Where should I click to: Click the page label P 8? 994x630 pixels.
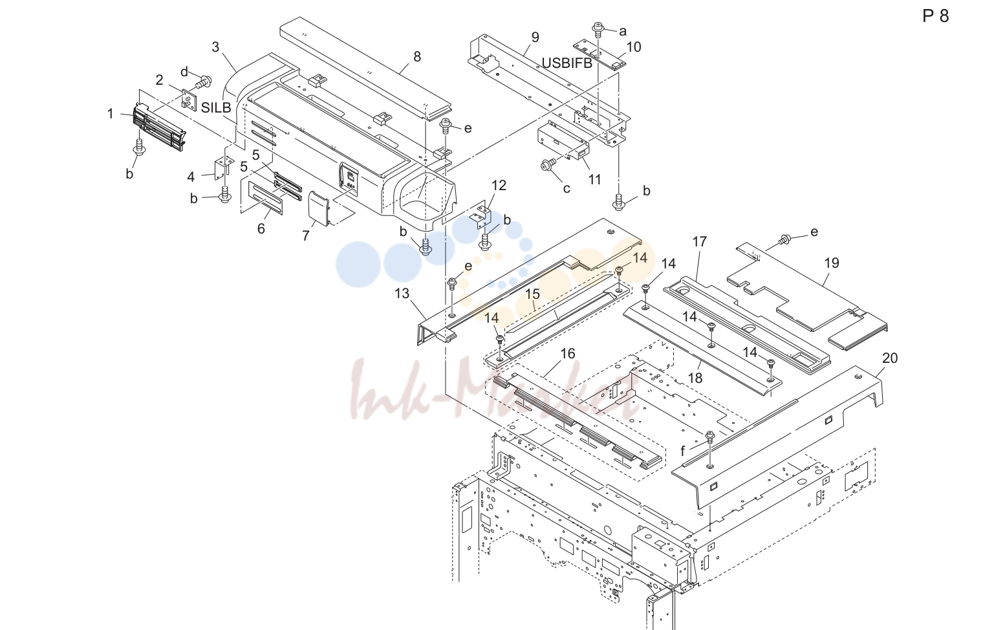pos(935,16)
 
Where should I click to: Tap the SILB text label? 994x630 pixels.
pos(216,107)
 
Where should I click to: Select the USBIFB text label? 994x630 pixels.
pos(567,63)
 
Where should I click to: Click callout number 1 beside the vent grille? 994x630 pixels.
pos(111,114)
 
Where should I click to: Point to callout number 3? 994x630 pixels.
pos(215,47)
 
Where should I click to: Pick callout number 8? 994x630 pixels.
pos(417,56)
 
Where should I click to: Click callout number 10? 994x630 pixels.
pos(634,47)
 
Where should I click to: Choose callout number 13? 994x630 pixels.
pos(402,294)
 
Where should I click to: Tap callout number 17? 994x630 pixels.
pos(699,242)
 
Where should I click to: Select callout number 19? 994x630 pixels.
pos(832,263)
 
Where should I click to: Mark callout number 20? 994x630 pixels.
pos(890,358)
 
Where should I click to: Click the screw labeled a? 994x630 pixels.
pos(598,28)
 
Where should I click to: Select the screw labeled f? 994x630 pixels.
pos(709,437)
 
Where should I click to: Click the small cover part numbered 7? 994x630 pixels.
pos(318,208)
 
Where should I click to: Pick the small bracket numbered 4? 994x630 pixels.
pos(221,168)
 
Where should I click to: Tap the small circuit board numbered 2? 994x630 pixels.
pos(189,100)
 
